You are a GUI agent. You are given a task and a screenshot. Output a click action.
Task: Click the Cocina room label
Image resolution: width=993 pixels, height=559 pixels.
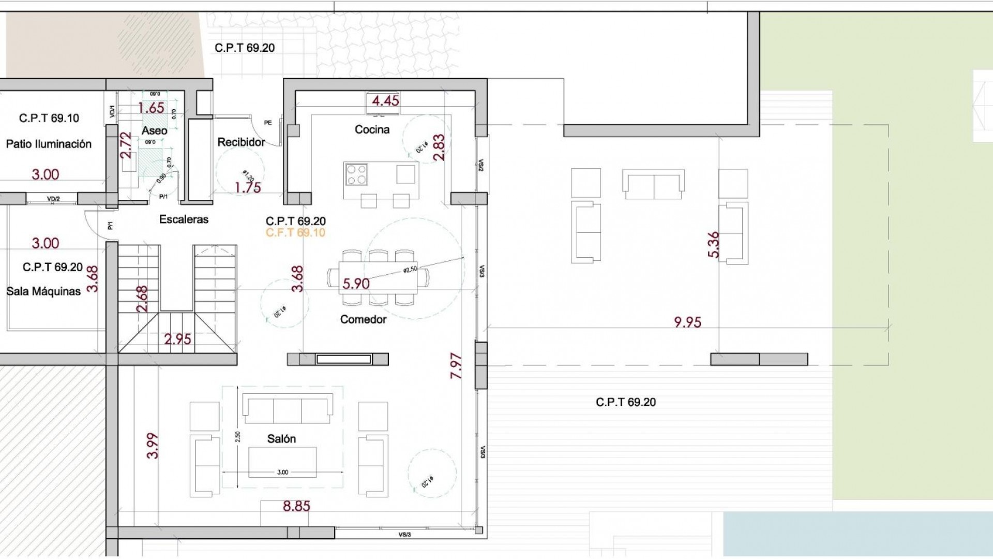coord(372,129)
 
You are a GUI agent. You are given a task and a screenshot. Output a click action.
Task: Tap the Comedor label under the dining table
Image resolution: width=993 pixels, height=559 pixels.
coord(363,319)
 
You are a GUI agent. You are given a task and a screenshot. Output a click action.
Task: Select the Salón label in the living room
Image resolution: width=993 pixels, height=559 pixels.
coord(281,439)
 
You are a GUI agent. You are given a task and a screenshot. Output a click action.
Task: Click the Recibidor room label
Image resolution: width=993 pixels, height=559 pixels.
coord(241,142)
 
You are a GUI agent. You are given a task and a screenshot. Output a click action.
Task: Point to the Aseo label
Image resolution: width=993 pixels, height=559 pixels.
coord(154,131)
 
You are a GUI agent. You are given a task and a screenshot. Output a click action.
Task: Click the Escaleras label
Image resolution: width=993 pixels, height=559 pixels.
coord(184,219)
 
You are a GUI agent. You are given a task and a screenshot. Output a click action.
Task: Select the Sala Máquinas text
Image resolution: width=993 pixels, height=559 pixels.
coord(44,291)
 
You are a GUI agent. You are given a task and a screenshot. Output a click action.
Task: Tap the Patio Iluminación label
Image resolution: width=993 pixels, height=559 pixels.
coord(49,144)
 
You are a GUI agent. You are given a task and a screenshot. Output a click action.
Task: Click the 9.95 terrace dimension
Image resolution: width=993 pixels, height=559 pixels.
coord(687,322)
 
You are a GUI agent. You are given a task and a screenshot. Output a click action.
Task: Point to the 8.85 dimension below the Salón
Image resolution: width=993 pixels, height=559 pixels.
coord(296,506)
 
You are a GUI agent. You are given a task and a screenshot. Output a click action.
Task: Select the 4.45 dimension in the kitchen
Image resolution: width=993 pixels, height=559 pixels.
coord(385,101)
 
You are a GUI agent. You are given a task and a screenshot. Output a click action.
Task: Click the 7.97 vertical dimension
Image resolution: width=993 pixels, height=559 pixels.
coord(456,366)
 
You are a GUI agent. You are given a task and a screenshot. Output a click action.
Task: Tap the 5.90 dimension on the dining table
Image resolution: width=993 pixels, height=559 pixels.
coord(356,284)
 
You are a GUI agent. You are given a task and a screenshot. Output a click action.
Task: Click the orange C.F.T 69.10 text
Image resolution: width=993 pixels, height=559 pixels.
coord(295,233)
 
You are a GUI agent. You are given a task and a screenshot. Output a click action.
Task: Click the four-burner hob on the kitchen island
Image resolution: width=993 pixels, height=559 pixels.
coord(356,174)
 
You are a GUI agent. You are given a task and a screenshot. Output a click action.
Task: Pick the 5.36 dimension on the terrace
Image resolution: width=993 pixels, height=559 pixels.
coord(713,245)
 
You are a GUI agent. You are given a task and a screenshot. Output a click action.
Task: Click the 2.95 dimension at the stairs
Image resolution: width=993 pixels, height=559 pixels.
coord(177,339)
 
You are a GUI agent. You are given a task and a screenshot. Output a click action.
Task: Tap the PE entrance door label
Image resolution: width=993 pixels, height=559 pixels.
coord(268,123)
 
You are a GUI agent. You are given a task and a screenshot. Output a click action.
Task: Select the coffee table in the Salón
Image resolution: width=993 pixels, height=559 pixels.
coord(282,462)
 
